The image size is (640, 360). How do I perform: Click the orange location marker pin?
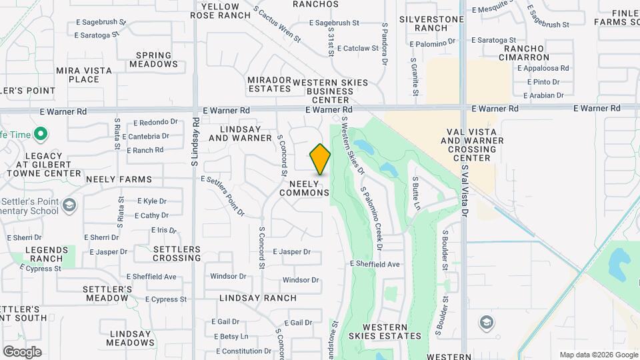(320, 159)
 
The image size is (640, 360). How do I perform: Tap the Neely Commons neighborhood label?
(305, 187)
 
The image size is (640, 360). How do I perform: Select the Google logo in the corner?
(22, 351)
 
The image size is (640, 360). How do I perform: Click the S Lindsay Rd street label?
(195, 141)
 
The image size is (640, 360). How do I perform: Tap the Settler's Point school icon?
(69, 205)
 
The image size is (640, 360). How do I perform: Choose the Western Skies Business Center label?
(330, 91)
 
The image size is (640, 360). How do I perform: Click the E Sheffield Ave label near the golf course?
(375, 264)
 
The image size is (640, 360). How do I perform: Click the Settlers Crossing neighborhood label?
(177, 253)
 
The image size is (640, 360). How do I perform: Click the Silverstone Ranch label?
(431, 23)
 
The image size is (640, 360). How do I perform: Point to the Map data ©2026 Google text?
(597, 355)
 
